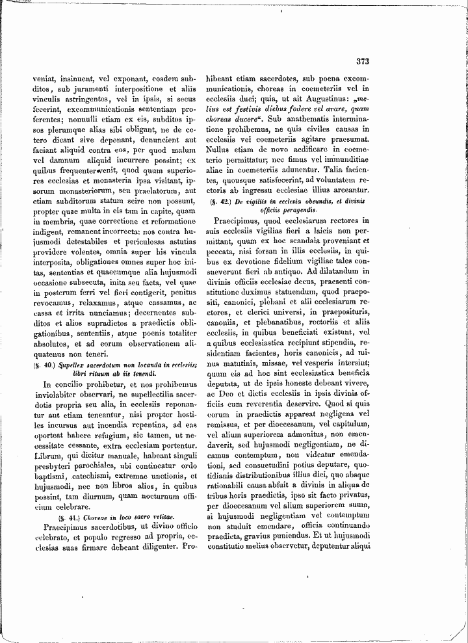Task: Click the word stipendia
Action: pyautogui.click(x=337, y=341)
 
